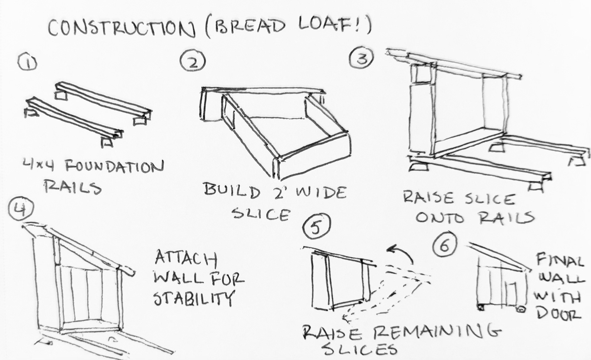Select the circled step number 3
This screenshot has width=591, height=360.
(362, 58)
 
